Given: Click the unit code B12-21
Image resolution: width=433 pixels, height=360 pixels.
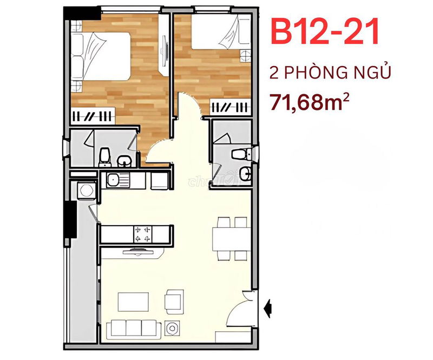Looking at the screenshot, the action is pyautogui.click(x=325, y=31).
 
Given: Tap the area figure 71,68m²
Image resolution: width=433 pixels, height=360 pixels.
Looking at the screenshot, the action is pyautogui.click(x=310, y=102).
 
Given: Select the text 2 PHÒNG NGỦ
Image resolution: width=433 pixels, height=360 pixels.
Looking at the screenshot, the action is pyautogui.click(x=330, y=72).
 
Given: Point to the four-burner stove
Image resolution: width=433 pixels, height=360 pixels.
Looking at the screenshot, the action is pyautogui.click(x=143, y=234).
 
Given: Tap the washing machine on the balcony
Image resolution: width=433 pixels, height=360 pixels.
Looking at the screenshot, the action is pyautogui.click(x=86, y=190).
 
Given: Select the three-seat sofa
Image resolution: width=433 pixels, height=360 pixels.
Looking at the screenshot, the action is pyautogui.click(x=134, y=329).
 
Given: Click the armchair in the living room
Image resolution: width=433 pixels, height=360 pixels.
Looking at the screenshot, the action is pyautogui.click(x=174, y=302).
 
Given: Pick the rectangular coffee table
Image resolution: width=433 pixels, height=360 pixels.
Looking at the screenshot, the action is pyautogui.click(x=133, y=302).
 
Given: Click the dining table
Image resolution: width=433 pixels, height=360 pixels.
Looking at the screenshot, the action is pyautogui.click(x=232, y=239).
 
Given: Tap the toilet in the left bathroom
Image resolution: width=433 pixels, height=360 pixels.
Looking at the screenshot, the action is pyautogui.click(x=105, y=158).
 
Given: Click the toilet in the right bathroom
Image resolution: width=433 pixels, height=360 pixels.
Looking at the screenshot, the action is pyautogui.click(x=241, y=154).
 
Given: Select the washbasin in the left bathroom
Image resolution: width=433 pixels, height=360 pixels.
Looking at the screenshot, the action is pyautogui.click(x=124, y=161).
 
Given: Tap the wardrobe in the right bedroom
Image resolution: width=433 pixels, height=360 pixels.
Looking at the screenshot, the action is pyautogui.click(x=231, y=107).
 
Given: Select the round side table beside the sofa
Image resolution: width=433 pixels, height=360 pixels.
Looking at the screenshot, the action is pyautogui.click(x=172, y=329).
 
